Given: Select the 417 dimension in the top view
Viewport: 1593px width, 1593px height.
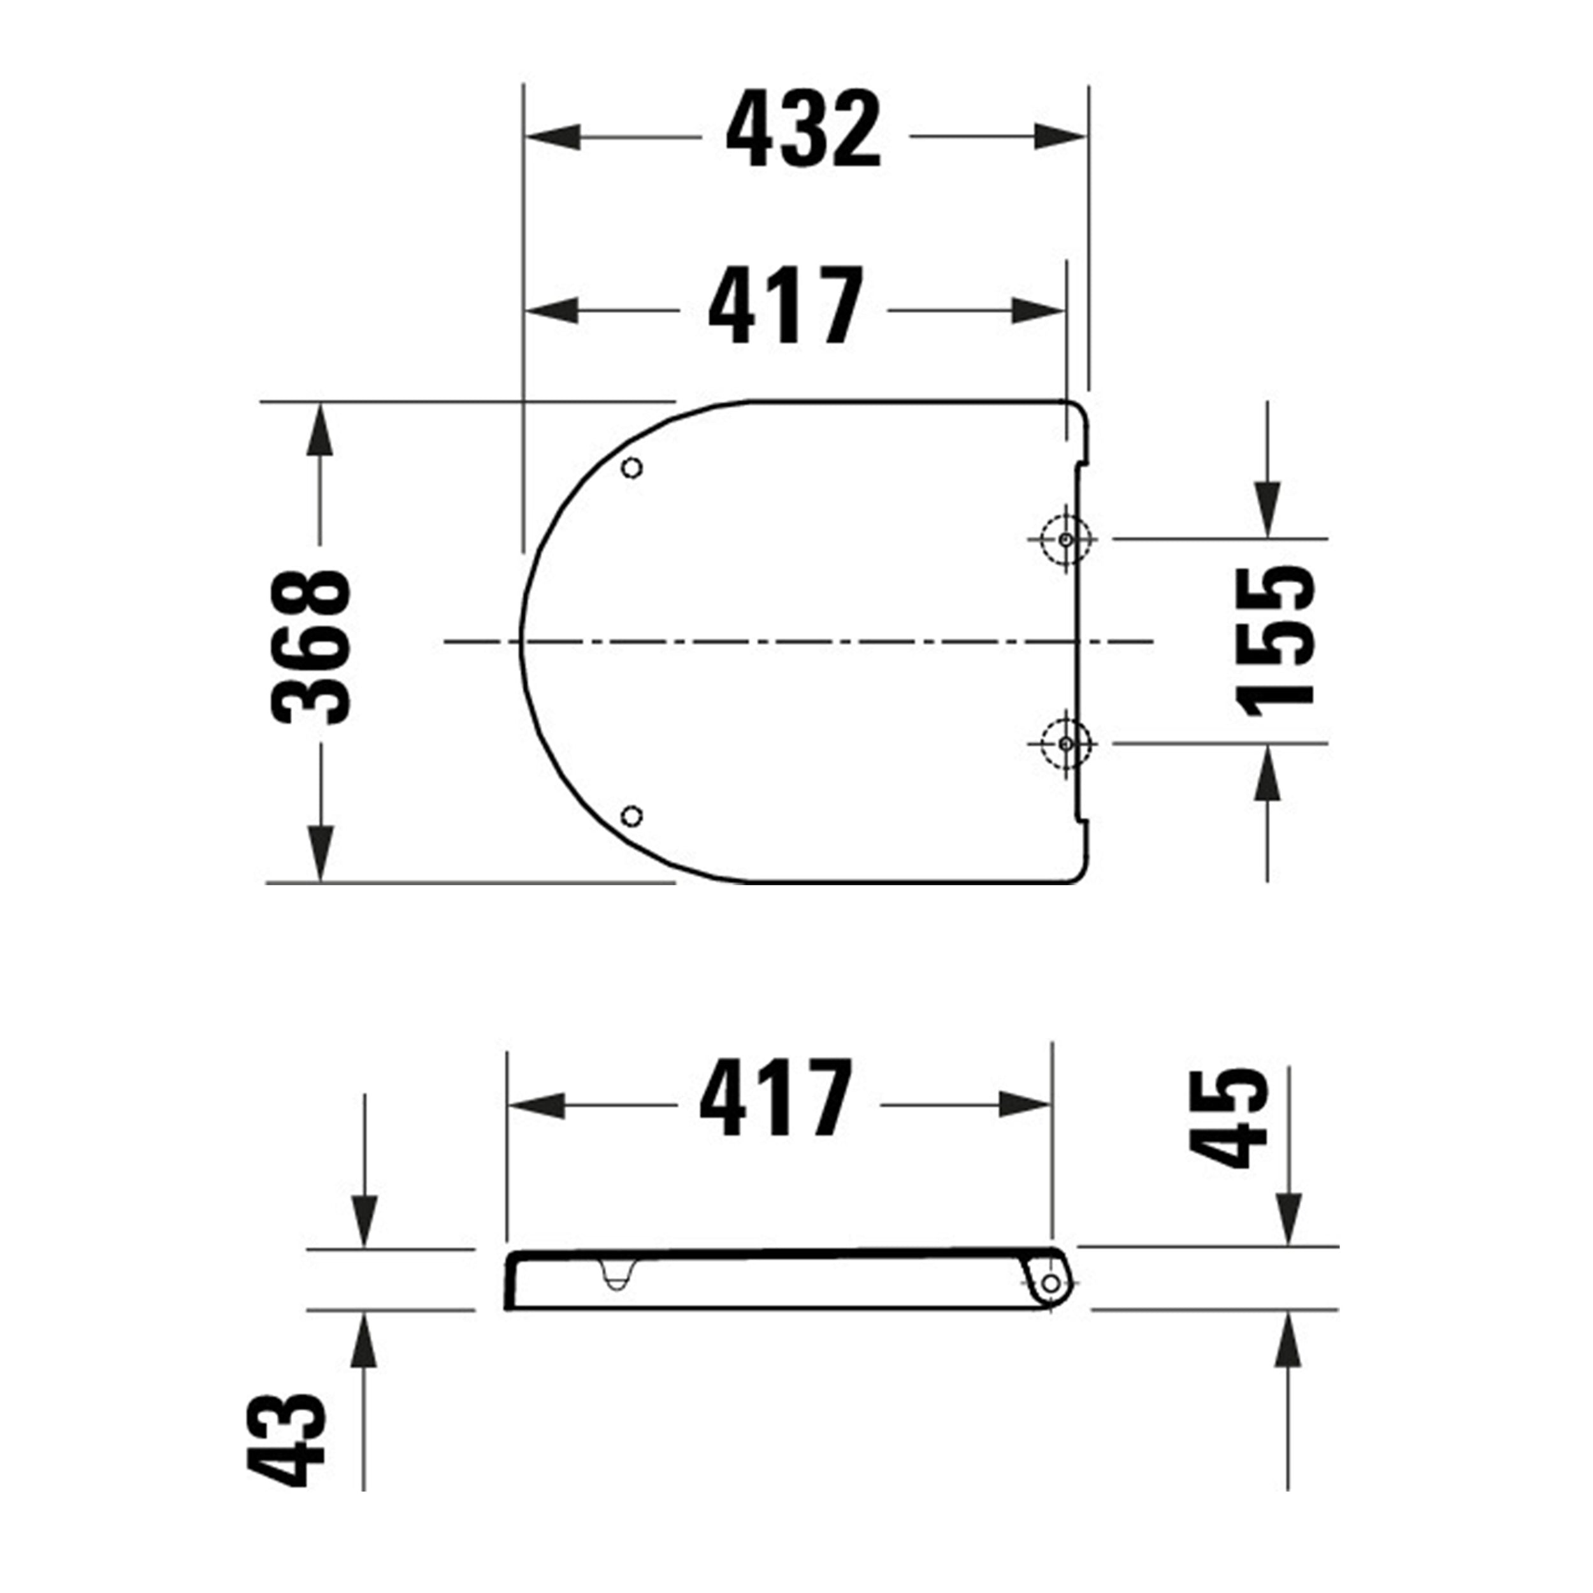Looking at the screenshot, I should [785, 306].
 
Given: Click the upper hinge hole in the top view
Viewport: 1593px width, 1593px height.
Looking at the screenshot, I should [1065, 539].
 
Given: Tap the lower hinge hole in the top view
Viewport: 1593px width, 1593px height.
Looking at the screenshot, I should [1065, 744].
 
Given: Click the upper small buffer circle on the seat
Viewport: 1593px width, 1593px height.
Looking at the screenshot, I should [632, 468].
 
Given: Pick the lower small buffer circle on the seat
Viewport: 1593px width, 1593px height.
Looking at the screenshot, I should [632, 816].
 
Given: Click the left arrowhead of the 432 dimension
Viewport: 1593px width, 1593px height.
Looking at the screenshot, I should [552, 138].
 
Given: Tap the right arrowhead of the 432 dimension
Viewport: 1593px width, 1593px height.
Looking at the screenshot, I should [1060, 138].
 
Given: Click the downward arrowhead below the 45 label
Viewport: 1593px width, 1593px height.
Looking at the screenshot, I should [1288, 1220].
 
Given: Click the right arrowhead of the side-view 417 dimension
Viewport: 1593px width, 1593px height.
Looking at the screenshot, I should [1025, 1105].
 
